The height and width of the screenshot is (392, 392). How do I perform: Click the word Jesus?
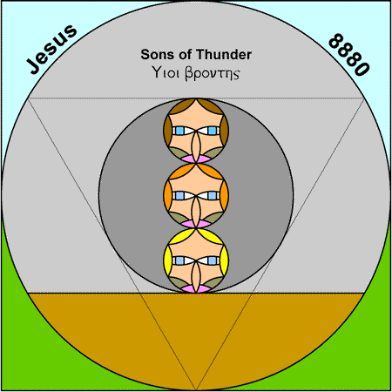(51, 49)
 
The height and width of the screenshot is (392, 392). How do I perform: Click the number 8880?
(349, 55)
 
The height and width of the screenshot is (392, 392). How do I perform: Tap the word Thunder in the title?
(224, 55)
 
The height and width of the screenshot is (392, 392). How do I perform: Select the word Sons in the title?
(157, 55)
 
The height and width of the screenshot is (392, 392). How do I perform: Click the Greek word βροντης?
(213, 74)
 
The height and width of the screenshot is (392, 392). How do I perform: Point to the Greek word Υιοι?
(165, 72)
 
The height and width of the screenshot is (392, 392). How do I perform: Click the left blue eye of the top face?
(179, 131)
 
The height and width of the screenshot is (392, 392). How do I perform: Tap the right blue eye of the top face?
(213, 131)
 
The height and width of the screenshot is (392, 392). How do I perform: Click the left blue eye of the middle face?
(179, 196)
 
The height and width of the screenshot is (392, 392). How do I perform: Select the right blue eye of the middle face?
(213, 196)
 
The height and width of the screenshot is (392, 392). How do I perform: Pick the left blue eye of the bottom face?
(179, 260)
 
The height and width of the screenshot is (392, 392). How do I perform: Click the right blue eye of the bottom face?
(213, 260)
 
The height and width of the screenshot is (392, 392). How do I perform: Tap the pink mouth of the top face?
(196, 159)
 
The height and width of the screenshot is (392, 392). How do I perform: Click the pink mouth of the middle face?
(196, 224)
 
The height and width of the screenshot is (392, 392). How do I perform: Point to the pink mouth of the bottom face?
(196, 289)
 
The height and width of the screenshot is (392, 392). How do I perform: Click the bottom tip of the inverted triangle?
(196, 389)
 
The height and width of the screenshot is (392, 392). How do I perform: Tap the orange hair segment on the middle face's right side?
(225, 196)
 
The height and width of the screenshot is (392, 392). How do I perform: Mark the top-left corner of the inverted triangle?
(28, 98)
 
